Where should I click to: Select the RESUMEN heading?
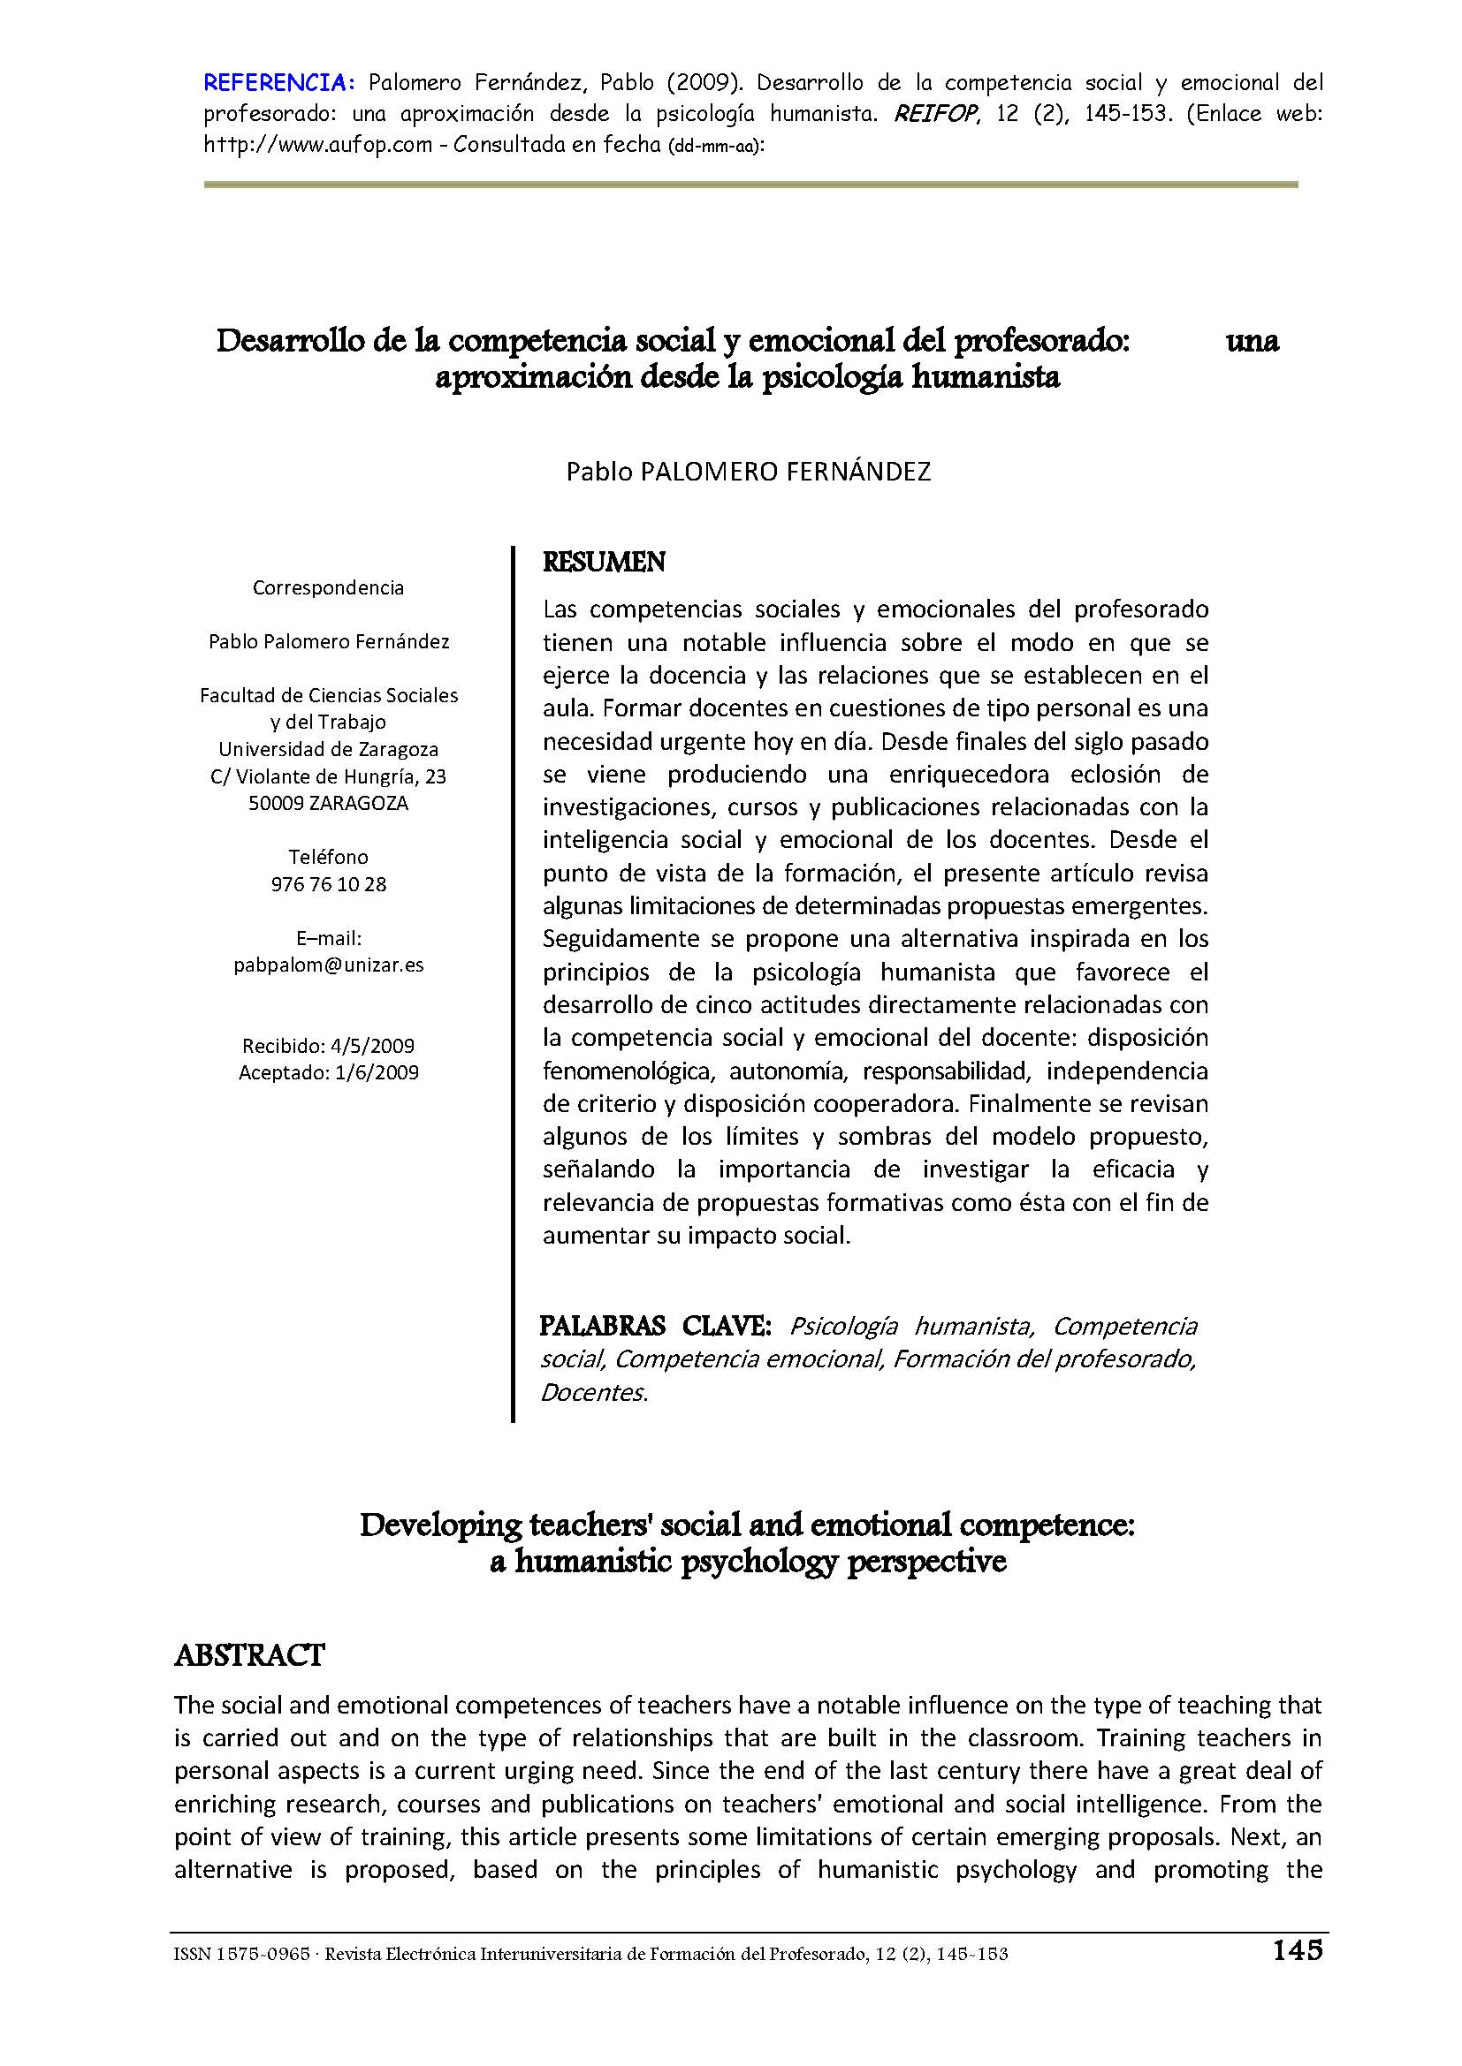point(604,563)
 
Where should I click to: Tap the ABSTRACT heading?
point(249,1654)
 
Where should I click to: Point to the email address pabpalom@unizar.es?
point(329,965)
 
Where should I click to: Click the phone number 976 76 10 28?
point(329,883)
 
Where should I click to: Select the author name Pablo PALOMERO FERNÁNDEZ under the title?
point(748,471)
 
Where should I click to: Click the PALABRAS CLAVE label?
point(654,1326)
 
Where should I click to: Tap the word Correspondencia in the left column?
point(328,587)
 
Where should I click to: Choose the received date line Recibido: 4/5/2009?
point(329,1046)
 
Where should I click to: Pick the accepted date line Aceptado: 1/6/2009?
point(329,1072)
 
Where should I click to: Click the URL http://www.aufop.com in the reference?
point(318,145)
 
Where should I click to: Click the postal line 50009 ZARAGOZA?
point(329,804)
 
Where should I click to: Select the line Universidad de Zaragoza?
point(329,750)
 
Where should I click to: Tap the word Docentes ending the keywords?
point(593,1393)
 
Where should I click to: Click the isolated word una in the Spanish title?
point(1253,341)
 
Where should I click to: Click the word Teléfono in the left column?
point(329,857)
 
